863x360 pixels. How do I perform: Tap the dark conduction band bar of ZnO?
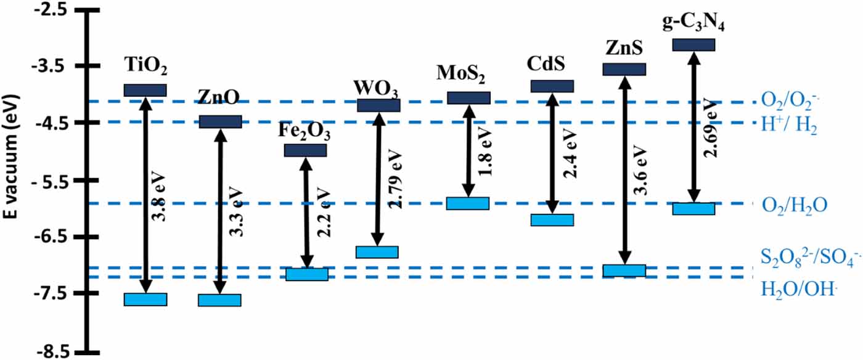[219, 121]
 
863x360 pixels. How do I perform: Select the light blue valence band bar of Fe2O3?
[306, 274]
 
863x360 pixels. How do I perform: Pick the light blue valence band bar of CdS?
[552, 220]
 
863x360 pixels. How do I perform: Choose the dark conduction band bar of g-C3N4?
[693, 44]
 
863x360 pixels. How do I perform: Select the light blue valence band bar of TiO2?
[145, 300]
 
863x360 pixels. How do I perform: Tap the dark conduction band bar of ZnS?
[624, 69]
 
